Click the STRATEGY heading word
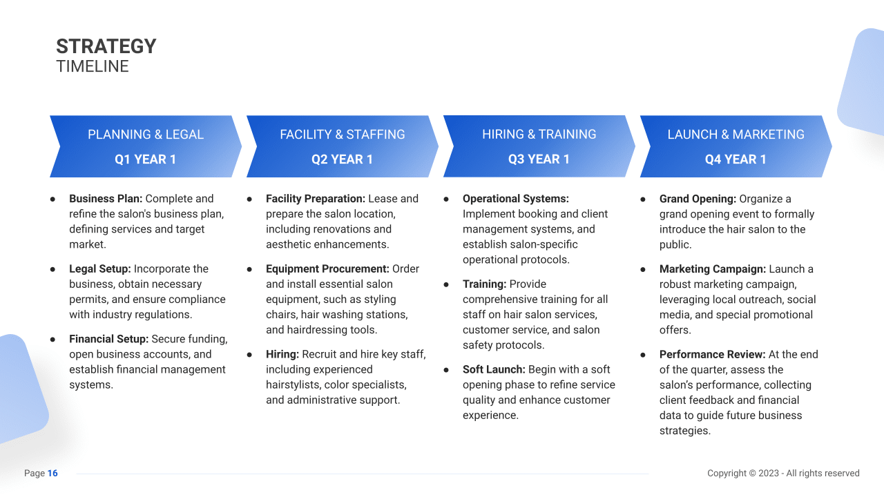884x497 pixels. click(x=106, y=46)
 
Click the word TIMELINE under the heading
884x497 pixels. click(x=93, y=66)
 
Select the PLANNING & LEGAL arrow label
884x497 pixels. click(x=146, y=135)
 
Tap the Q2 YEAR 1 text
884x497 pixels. click(x=342, y=159)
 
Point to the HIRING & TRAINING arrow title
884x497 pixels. click(x=539, y=135)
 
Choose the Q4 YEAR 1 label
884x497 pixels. click(x=736, y=159)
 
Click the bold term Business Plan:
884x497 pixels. click(x=106, y=199)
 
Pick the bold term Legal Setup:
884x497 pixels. click(x=100, y=269)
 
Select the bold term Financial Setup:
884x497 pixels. click(x=108, y=340)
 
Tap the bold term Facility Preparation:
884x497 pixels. click(x=316, y=199)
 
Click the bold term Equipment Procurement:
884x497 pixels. click(x=327, y=269)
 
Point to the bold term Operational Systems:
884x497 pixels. click(x=516, y=199)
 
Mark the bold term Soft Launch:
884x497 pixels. click(x=494, y=370)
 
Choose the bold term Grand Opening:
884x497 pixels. click(x=698, y=199)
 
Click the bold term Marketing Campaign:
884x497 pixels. click(x=713, y=269)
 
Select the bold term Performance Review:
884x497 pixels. click(x=713, y=355)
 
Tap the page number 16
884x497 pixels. click(x=52, y=474)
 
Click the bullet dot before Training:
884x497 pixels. click(x=447, y=284)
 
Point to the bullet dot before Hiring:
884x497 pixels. click(x=250, y=355)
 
